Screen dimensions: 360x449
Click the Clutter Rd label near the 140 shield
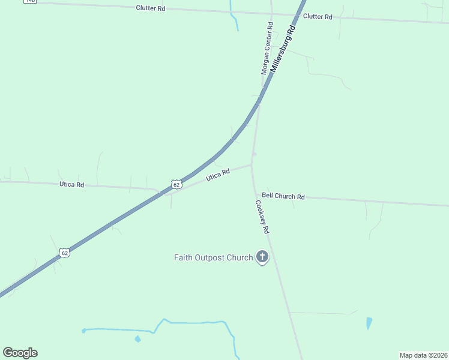pyautogui.click(x=150, y=9)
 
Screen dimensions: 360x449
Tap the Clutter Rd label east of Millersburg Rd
pyautogui.click(x=318, y=17)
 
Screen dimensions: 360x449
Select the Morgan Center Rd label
pyautogui.click(x=267, y=49)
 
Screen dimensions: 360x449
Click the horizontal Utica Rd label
pyautogui.click(x=71, y=184)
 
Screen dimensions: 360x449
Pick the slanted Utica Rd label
pyautogui.click(x=218, y=175)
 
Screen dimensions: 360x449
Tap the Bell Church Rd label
pyautogui.click(x=283, y=196)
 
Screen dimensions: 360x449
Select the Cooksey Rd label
pyautogui.click(x=262, y=217)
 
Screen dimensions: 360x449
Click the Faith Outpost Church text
pyautogui.click(x=213, y=257)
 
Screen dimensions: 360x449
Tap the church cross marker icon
pyautogui.click(x=262, y=257)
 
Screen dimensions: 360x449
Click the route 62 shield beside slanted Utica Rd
pyautogui.click(x=175, y=185)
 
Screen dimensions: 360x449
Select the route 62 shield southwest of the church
pyautogui.click(x=65, y=253)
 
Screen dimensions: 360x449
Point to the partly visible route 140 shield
pyautogui.click(x=31, y=2)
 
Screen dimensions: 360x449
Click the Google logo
pyautogui.click(x=20, y=353)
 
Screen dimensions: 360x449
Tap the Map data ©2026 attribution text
pyautogui.click(x=423, y=355)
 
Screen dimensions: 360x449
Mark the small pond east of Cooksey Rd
pyautogui.click(x=369, y=323)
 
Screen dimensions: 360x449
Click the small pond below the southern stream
pyautogui.click(x=138, y=340)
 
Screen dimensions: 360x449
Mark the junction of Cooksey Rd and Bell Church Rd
pyautogui.click(x=255, y=194)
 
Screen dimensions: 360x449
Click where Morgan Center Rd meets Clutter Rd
pyautogui.click(x=271, y=13)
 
